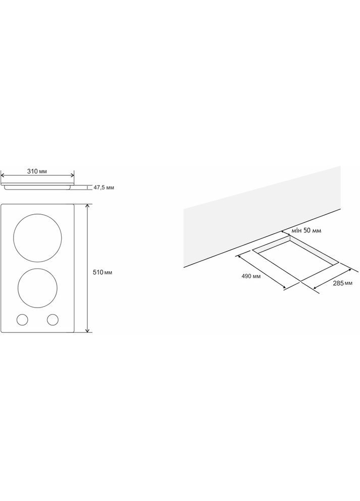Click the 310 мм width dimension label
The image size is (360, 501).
click(x=37, y=171)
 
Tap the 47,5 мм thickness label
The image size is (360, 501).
click(x=104, y=187)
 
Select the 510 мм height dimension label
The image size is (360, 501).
click(x=102, y=273)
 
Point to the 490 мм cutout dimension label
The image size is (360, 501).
click(x=251, y=276)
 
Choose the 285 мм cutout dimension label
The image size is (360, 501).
click(x=343, y=283)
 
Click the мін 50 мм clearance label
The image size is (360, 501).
click(x=306, y=230)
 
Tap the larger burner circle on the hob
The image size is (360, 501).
click(x=37, y=238)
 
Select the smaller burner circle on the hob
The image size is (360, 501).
click(x=37, y=288)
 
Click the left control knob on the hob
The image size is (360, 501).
click(x=22, y=320)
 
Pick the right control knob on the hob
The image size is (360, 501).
click(x=53, y=320)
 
